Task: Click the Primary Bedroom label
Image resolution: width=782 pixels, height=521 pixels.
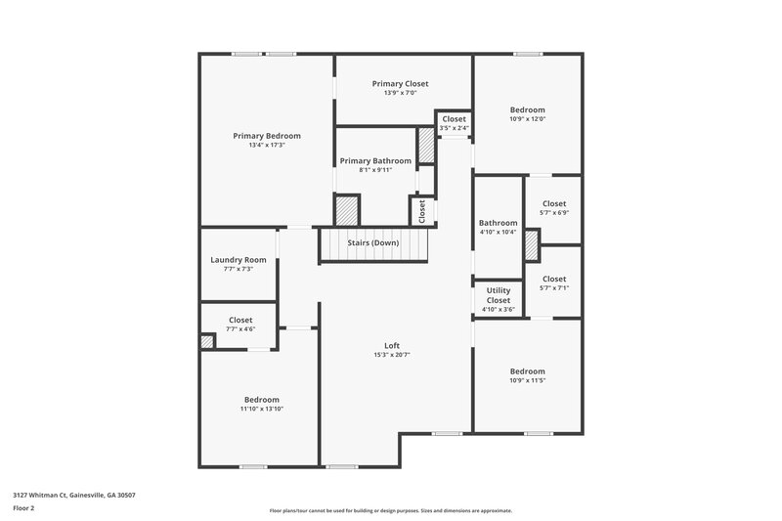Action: pos(266,136)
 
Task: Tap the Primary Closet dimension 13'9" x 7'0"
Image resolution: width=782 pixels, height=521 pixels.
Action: pos(400,94)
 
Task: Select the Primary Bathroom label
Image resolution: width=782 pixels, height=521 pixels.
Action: pos(375,160)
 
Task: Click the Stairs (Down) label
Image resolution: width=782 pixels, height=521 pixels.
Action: pos(373,242)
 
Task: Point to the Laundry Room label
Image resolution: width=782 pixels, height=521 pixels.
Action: pos(239,259)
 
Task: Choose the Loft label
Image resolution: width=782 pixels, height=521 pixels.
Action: pos(392,345)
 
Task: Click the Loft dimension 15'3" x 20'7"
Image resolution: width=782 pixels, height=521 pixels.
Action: pos(392,355)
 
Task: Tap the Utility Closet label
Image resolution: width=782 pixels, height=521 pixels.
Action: pos(499,295)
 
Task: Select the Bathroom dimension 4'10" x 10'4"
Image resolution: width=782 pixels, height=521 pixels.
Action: pos(499,233)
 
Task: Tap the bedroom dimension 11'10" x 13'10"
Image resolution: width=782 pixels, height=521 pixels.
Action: pos(262,409)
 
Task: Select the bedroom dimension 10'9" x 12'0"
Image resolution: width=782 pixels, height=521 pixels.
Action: pos(528,119)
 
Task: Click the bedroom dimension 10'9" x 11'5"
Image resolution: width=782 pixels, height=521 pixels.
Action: pos(528,380)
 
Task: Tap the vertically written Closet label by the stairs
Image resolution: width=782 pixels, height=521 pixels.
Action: pos(422,211)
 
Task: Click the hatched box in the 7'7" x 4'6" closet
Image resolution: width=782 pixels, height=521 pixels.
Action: pos(207,341)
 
